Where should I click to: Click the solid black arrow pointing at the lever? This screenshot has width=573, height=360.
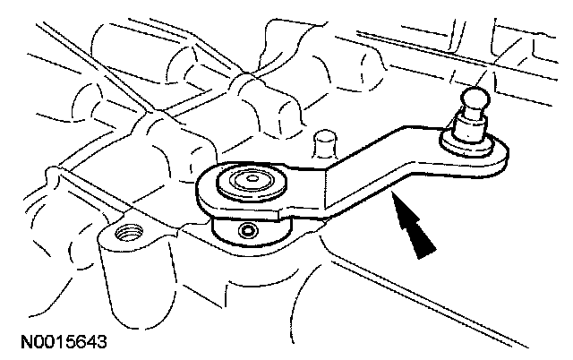(414, 227)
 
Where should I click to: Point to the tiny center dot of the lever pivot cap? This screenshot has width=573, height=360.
(252, 179)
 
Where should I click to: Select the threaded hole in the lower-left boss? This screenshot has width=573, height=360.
(129, 233)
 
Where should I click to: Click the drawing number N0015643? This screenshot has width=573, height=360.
(64, 342)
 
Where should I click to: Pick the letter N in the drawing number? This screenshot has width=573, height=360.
(27, 342)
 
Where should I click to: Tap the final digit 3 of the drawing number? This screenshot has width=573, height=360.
(102, 342)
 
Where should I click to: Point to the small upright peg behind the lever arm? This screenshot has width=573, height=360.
(325, 144)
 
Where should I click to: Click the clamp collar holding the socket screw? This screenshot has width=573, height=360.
(251, 231)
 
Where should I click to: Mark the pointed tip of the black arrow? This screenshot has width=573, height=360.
(392, 194)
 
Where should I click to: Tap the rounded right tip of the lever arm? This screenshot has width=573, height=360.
(505, 157)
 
